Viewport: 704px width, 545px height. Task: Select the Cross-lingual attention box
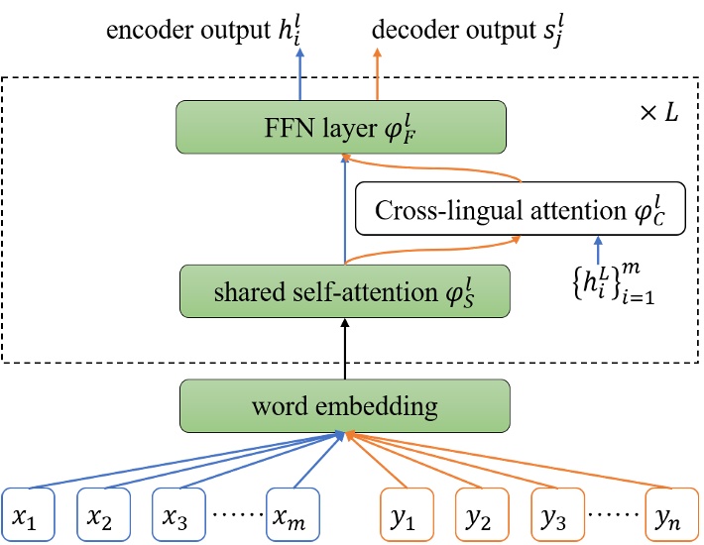[519, 209]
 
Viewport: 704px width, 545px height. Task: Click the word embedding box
[343, 406]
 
